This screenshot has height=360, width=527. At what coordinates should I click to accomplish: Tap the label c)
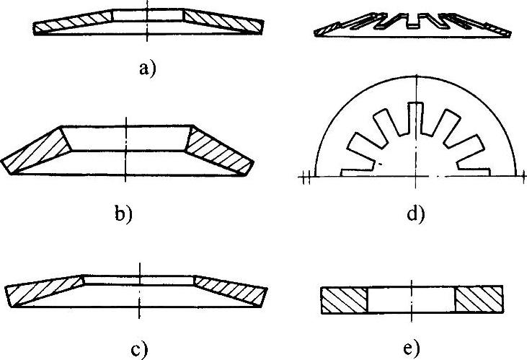(138, 350)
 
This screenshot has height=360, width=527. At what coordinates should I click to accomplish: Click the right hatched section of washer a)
(220, 22)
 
